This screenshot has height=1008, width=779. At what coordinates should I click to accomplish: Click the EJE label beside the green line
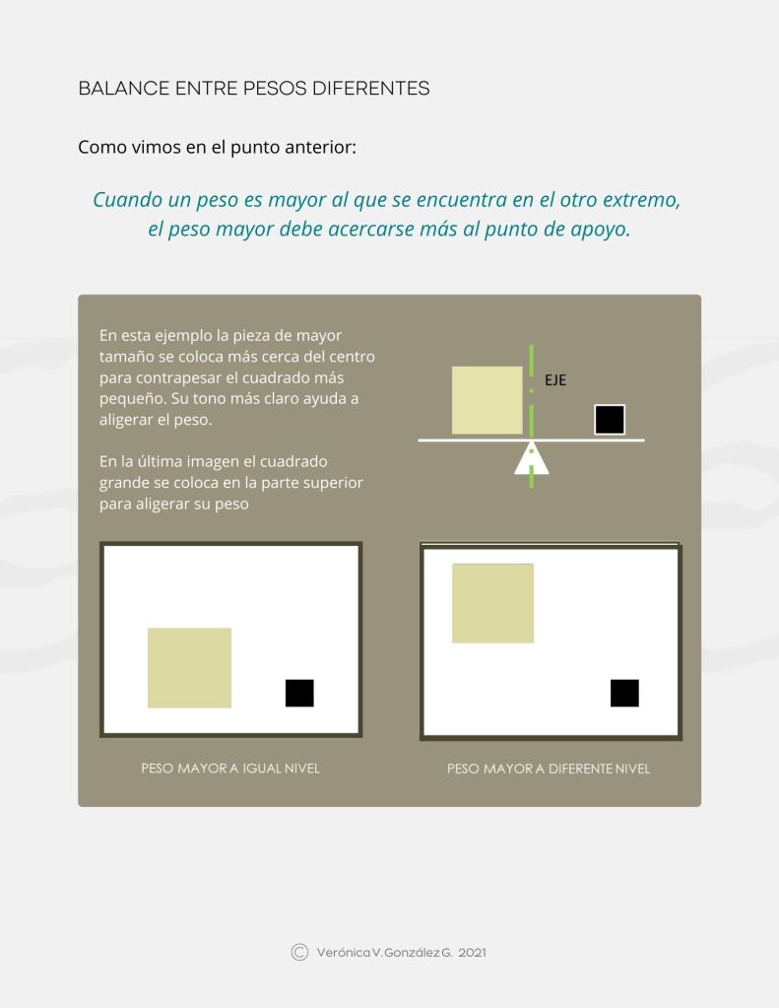tap(555, 380)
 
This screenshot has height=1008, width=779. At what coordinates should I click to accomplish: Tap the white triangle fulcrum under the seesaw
tap(532, 458)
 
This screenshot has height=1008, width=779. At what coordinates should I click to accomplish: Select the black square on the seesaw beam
tap(610, 420)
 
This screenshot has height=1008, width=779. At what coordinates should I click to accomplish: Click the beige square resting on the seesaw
tap(487, 400)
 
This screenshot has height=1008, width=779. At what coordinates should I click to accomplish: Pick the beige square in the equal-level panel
tap(190, 668)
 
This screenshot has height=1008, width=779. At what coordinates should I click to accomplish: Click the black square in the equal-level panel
tap(299, 693)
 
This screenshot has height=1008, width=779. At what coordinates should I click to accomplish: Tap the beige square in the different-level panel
tap(493, 603)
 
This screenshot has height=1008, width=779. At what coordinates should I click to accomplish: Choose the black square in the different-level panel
tap(624, 693)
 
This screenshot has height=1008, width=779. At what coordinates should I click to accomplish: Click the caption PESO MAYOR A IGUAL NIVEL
tap(230, 769)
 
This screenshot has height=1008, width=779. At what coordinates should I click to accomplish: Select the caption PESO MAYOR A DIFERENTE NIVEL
tap(549, 769)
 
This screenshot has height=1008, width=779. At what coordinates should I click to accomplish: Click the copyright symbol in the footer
tap(299, 952)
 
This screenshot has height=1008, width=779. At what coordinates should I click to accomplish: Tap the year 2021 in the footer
tap(473, 953)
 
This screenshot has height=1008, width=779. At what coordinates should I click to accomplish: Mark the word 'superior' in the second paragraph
tap(336, 484)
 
